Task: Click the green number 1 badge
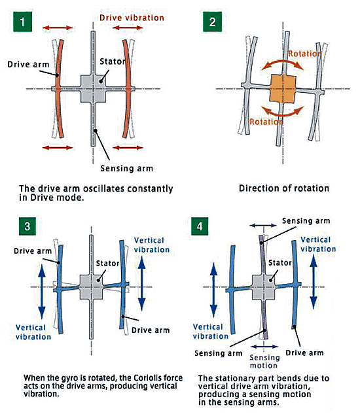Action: pyautogui.click(x=22, y=22)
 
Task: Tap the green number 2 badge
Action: pyautogui.click(x=212, y=22)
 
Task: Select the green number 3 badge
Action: pyautogui.click(x=27, y=226)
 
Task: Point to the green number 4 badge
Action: pyautogui.click(x=200, y=226)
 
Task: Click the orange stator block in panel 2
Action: pyautogui.click(x=283, y=88)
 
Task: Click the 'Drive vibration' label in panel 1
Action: pyautogui.click(x=132, y=18)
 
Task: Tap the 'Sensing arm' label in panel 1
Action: pyautogui.click(x=126, y=169)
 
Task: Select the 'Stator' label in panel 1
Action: pyautogui.click(x=113, y=61)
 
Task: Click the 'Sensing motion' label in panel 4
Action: pyautogui.click(x=264, y=361)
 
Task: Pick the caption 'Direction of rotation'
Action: pyautogui.click(x=284, y=188)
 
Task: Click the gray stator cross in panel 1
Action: pyautogui.click(x=93, y=88)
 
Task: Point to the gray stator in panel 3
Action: pyautogui.click(x=92, y=286)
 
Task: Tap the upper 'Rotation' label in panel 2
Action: pyautogui.click(x=305, y=54)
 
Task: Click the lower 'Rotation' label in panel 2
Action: pyautogui.click(x=266, y=122)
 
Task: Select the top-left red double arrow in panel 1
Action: pyautogui.click(x=58, y=27)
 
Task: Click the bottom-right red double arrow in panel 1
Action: pyautogui.click(x=128, y=148)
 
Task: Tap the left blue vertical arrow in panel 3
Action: pyautogui.click(x=42, y=292)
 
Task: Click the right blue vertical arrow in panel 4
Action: pyautogui.click(x=314, y=282)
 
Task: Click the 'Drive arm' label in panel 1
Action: pyautogui.click(x=28, y=65)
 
